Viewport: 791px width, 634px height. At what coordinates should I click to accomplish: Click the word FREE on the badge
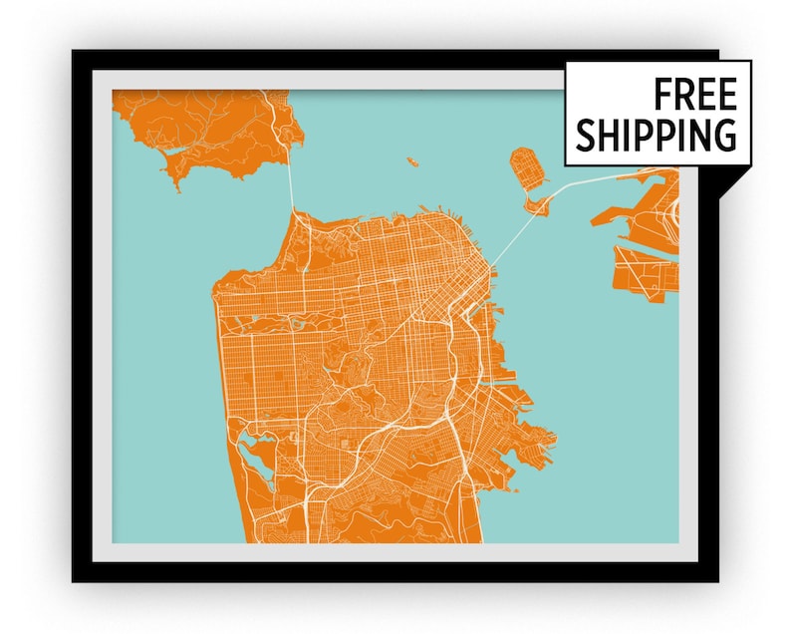[695, 96]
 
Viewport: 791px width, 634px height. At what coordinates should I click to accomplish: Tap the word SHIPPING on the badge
[657, 135]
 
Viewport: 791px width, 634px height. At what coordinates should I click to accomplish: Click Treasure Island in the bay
[524, 164]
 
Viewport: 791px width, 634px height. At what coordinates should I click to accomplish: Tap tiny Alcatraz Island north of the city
[409, 158]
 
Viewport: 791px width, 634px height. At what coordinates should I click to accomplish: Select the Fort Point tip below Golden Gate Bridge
[295, 210]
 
